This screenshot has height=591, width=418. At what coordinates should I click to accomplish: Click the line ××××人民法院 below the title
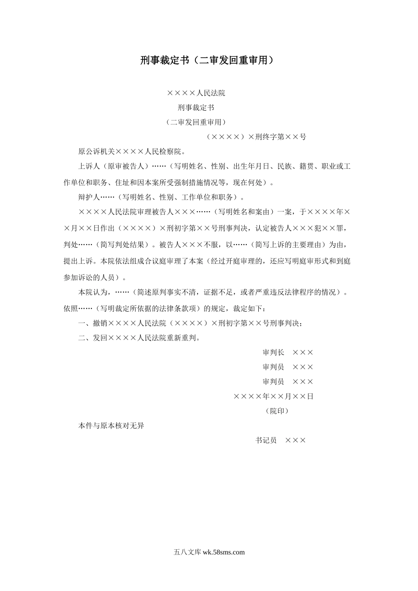(196, 93)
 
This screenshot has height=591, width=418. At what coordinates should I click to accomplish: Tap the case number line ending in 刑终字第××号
(256, 137)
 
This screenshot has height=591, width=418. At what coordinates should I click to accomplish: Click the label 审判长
(273, 352)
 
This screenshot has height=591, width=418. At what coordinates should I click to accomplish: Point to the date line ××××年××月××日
(273, 396)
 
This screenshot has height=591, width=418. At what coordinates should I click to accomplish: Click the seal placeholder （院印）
(277, 411)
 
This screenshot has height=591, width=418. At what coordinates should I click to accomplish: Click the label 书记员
(266, 440)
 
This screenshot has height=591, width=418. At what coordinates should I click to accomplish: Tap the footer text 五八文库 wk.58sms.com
(209, 552)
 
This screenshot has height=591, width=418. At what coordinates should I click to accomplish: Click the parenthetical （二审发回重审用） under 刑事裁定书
(196, 122)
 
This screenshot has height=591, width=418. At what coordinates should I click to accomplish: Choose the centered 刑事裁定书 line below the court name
(196, 107)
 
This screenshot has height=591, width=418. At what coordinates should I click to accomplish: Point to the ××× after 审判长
(303, 352)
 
